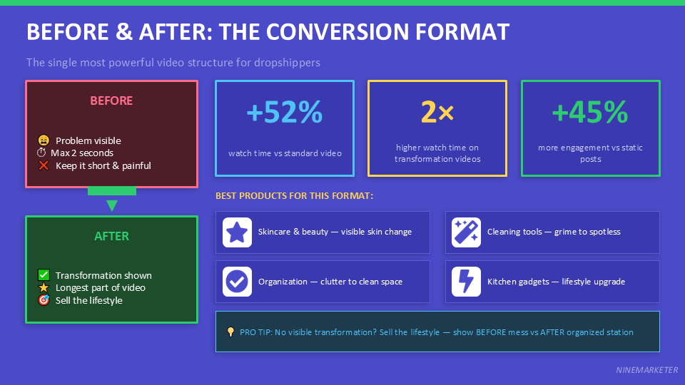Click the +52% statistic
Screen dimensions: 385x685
tap(284, 113)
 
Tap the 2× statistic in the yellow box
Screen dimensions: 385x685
tap(437, 113)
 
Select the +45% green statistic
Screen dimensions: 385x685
tap(590, 113)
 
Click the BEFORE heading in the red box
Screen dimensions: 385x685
tap(111, 101)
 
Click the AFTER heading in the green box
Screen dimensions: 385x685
tap(111, 236)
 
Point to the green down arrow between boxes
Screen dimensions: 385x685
tap(111, 205)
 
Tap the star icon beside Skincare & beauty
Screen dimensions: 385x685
tap(237, 232)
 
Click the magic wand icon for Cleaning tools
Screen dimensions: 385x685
tap(466, 232)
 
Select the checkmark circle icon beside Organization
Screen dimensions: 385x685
tap(237, 282)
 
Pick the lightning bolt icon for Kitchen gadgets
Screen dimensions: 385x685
tap(466, 282)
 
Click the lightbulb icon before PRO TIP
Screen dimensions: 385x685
tap(230, 332)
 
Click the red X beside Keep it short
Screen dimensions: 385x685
tap(44, 165)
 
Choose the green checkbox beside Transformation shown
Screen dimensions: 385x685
tap(44, 275)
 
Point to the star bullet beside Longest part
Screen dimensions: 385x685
tap(44, 287)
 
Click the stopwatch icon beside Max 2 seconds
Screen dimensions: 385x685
tap(41, 153)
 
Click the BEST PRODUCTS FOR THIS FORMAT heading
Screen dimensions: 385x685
tap(294, 195)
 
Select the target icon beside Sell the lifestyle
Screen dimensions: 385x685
tap(44, 300)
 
